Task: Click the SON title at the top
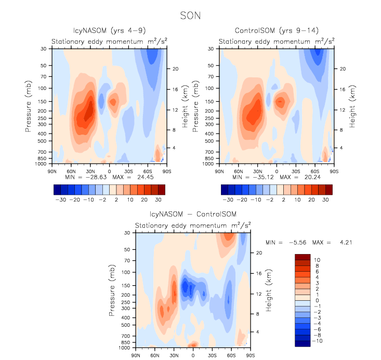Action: pyautogui.click(x=190, y=16)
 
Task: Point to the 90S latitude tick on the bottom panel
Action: pyautogui.click(x=250, y=355)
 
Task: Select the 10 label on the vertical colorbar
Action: pyautogui.click(x=317, y=259)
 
